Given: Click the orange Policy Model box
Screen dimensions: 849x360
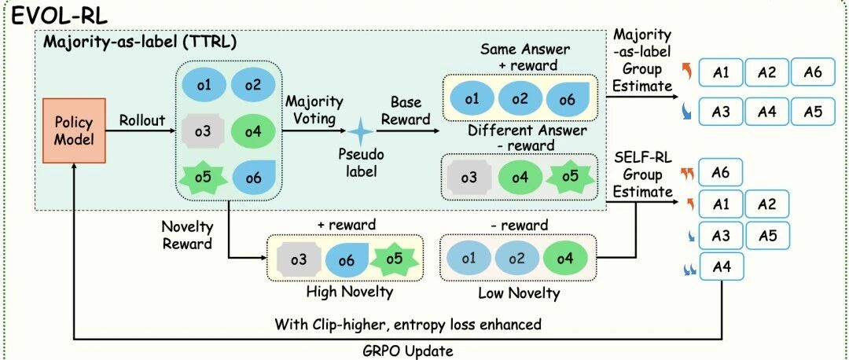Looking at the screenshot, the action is click(x=74, y=130).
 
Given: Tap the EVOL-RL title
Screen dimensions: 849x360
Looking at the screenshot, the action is click(x=60, y=16).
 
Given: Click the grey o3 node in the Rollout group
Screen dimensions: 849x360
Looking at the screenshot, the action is click(x=203, y=131).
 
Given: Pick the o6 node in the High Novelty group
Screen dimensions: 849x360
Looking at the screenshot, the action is click(x=347, y=260).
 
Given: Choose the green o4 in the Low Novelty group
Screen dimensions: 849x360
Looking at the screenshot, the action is click(x=564, y=259).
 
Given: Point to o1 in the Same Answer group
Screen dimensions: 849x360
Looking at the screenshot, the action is click(x=472, y=98).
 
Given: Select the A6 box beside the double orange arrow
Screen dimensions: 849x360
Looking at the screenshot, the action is click(x=720, y=173).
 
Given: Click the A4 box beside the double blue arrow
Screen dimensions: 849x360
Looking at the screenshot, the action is click(x=722, y=266).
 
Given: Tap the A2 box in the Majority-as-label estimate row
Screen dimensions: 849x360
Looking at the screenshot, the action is click(x=766, y=72).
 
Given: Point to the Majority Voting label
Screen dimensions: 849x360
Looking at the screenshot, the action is click(x=314, y=110).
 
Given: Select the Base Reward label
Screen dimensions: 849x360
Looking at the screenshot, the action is click(x=406, y=110).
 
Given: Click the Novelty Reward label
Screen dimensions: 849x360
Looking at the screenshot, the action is click(x=187, y=235).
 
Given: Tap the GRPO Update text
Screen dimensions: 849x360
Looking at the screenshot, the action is click(x=408, y=351).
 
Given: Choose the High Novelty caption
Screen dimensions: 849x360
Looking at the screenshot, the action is click(x=349, y=292).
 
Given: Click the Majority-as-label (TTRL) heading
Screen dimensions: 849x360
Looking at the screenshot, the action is click(x=140, y=42).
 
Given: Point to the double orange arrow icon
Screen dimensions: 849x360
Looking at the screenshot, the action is click(x=686, y=173).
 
